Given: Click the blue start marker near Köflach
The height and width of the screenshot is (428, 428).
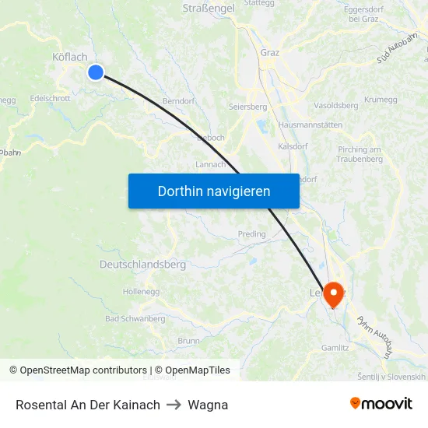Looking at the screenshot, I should click(x=96, y=72).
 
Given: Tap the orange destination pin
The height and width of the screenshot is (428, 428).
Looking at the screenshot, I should click(x=334, y=293).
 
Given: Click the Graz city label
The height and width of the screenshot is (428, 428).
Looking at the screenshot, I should click(x=270, y=53).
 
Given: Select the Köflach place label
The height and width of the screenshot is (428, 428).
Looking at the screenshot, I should click(x=69, y=57).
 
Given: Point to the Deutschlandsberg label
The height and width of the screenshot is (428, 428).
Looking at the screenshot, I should click(x=142, y=265).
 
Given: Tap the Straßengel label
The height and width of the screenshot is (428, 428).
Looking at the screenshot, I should click(x=209, y=8).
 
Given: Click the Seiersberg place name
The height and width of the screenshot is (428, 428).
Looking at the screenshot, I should click(x=247, y=107).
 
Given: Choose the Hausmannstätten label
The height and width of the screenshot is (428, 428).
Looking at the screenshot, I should click(x=310, y=125).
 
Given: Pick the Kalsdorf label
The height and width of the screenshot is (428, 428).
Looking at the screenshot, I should click(x=293, y=146).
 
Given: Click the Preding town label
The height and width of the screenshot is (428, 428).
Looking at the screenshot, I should click(x=251, y=233).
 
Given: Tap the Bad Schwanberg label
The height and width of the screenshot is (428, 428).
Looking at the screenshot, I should click(x=135, y=319).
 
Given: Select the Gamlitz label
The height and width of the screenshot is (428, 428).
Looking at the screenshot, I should click(x=335, y=348).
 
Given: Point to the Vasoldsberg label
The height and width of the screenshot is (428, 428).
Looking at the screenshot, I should click(x=335, y=105).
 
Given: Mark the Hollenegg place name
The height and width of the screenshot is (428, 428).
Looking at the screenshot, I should click(x=141, y=292).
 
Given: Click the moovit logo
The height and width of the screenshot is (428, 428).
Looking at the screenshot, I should click(x=381, y=404).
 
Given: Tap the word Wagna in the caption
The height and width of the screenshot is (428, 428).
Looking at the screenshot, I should click(x=208, y=405).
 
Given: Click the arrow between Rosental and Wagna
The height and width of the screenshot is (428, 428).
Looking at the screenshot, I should click(x=174, y=405).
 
